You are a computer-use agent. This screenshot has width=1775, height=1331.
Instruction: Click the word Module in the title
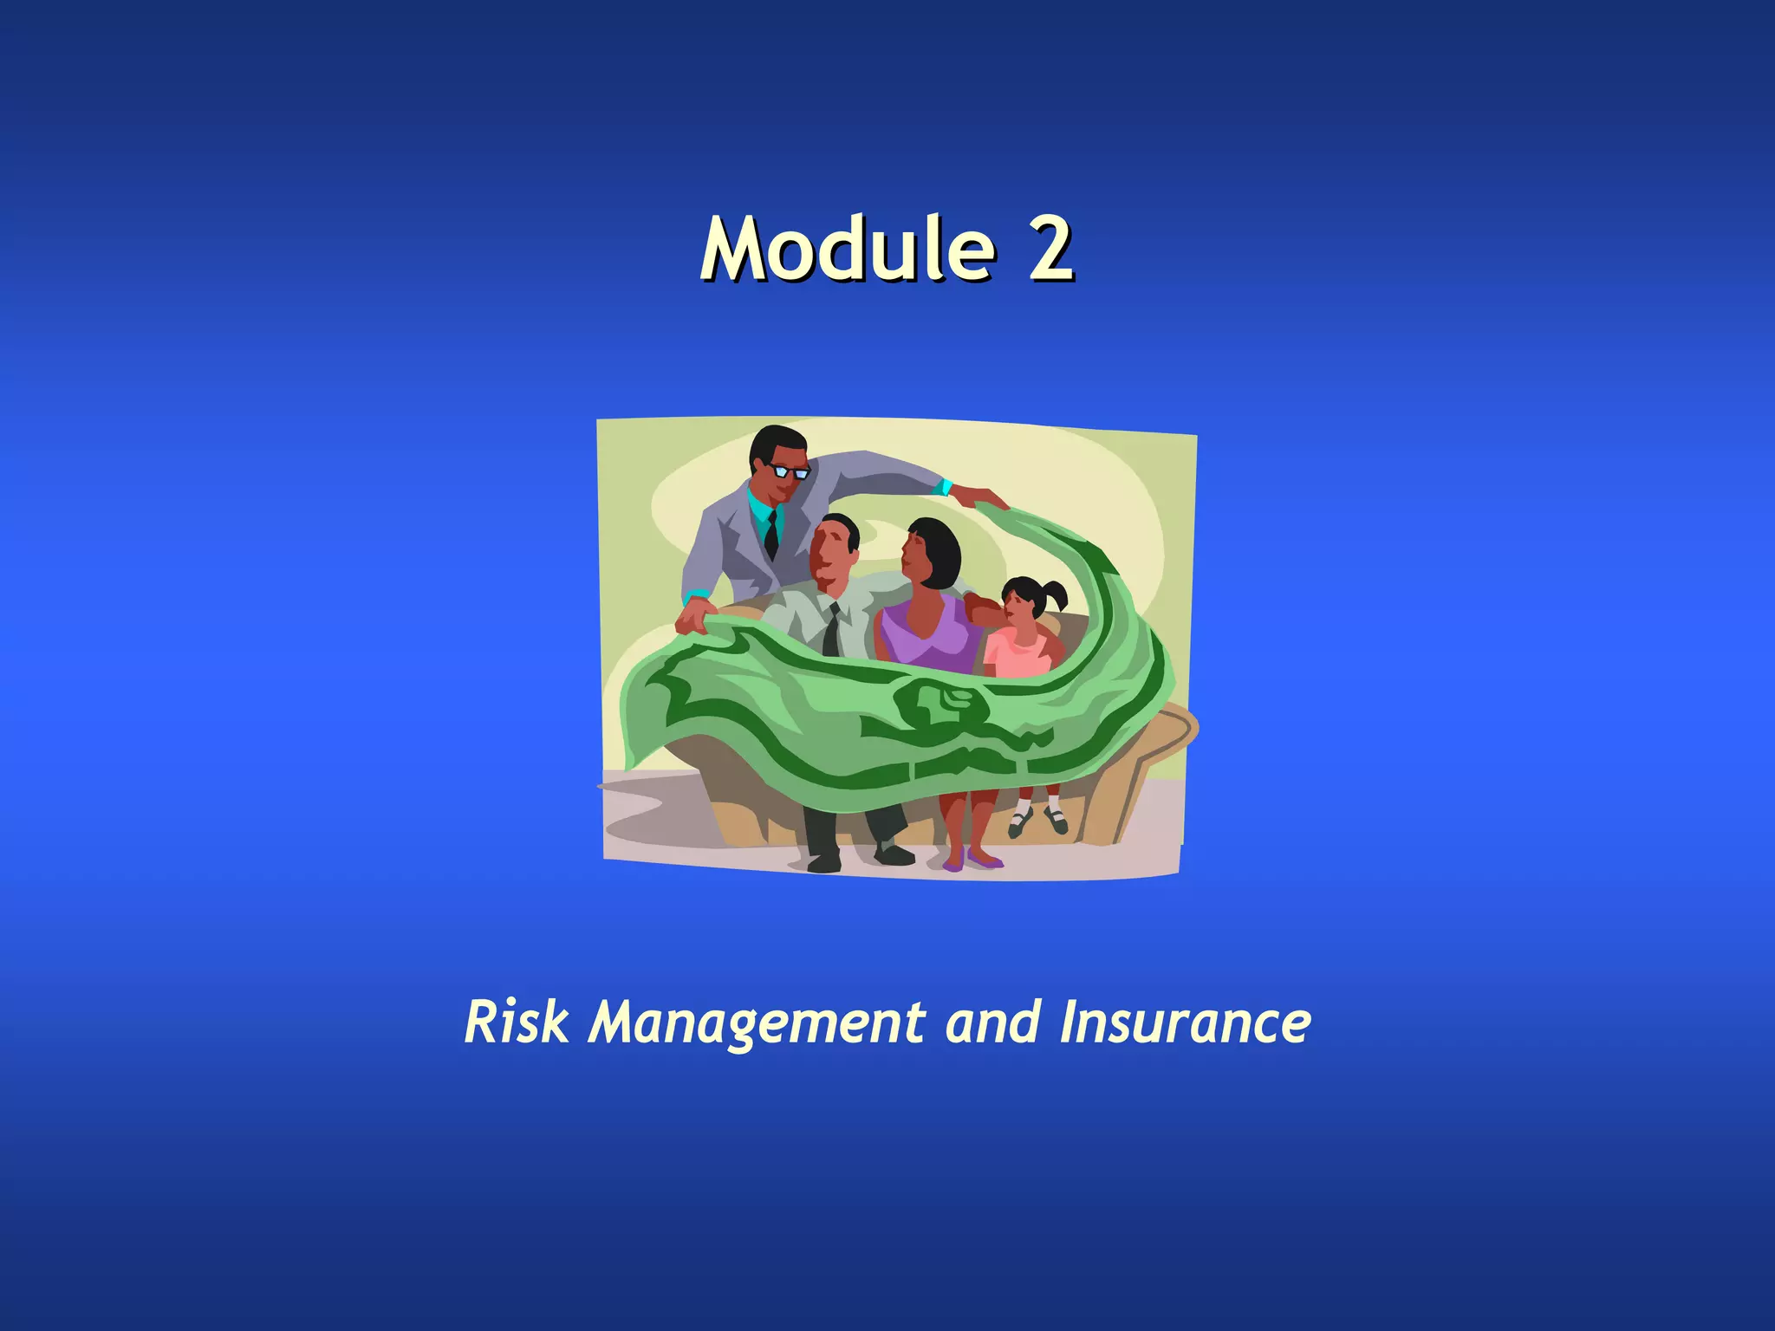848,249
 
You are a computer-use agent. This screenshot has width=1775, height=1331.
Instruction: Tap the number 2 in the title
1050,249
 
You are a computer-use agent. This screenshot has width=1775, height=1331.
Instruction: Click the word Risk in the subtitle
517,1023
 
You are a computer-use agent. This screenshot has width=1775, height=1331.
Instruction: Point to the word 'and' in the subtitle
992,1023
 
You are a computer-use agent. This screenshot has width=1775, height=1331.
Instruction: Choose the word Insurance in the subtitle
1185,1023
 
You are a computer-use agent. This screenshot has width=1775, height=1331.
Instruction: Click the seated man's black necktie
831,631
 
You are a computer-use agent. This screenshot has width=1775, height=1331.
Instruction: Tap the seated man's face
830,555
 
